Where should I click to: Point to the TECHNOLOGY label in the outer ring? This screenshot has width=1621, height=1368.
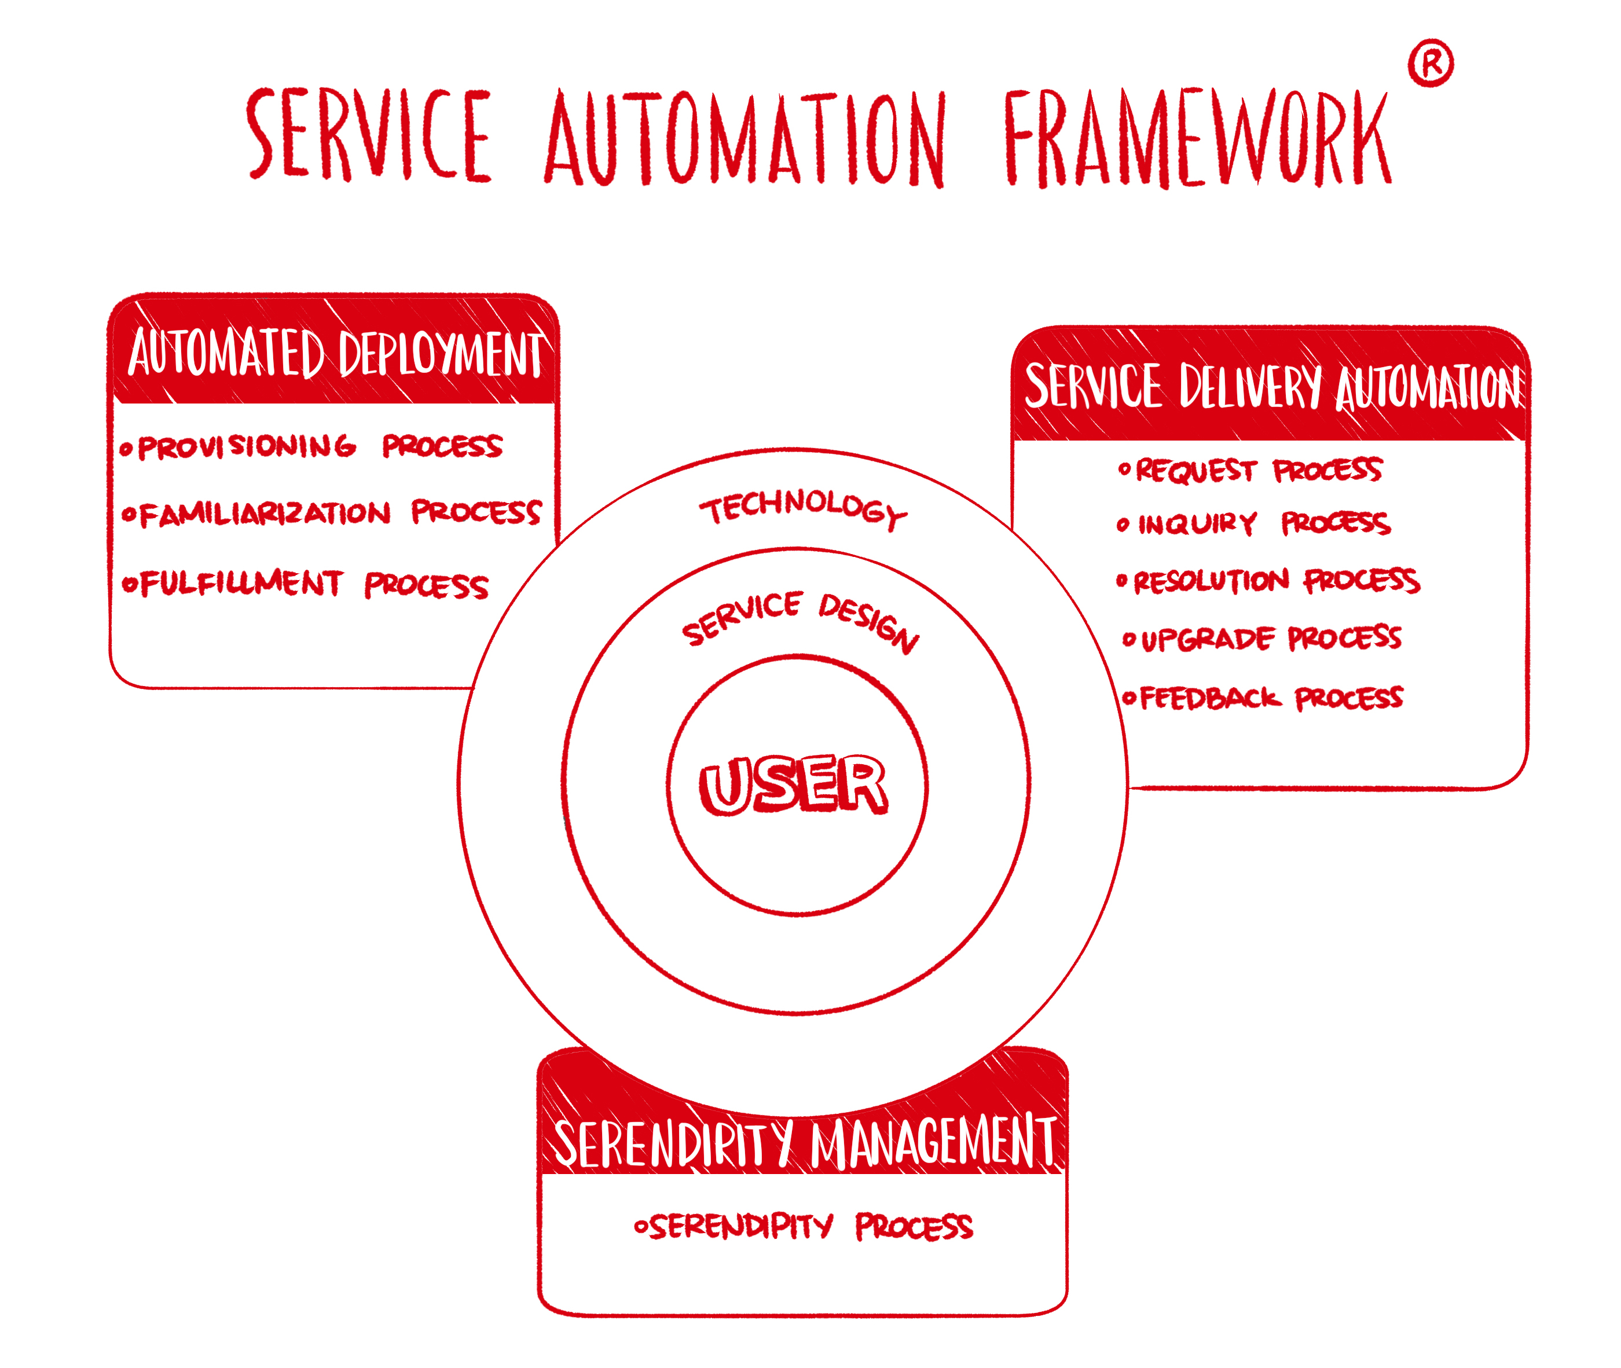[x=803, y=508]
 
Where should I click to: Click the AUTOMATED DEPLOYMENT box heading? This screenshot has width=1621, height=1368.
[x=335, y=354]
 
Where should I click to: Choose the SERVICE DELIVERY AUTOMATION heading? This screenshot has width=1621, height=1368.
[x=1272, y=386]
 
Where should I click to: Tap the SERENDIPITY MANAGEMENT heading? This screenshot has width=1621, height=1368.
[x=804, y=1142]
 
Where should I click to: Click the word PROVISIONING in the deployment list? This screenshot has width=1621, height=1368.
[x=246, y=447]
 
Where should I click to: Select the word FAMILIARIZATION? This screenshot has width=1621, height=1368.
[x=265, y=514]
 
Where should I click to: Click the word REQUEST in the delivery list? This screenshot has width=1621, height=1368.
[x=1194, y=471]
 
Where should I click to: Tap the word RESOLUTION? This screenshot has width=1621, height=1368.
[x=1211, y=581]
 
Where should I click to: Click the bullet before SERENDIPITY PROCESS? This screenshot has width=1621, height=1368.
[x=641, y=1227]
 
